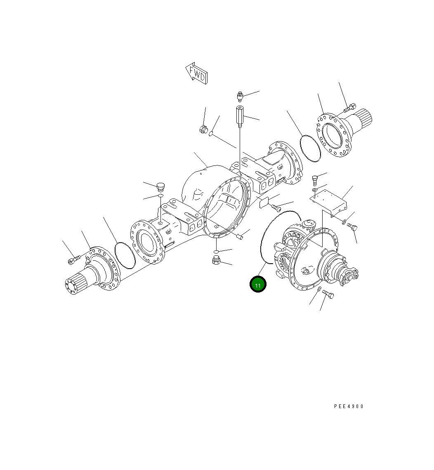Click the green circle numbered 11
point(258,285)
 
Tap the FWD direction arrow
point(196,73)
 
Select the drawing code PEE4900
point(349,406)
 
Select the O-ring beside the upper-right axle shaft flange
point(310,147)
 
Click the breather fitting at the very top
point(240,97)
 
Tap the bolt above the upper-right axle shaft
point(349,107)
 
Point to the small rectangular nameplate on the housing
point(264,203)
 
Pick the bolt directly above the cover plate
point(316,179)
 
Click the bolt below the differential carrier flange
point(328,294)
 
